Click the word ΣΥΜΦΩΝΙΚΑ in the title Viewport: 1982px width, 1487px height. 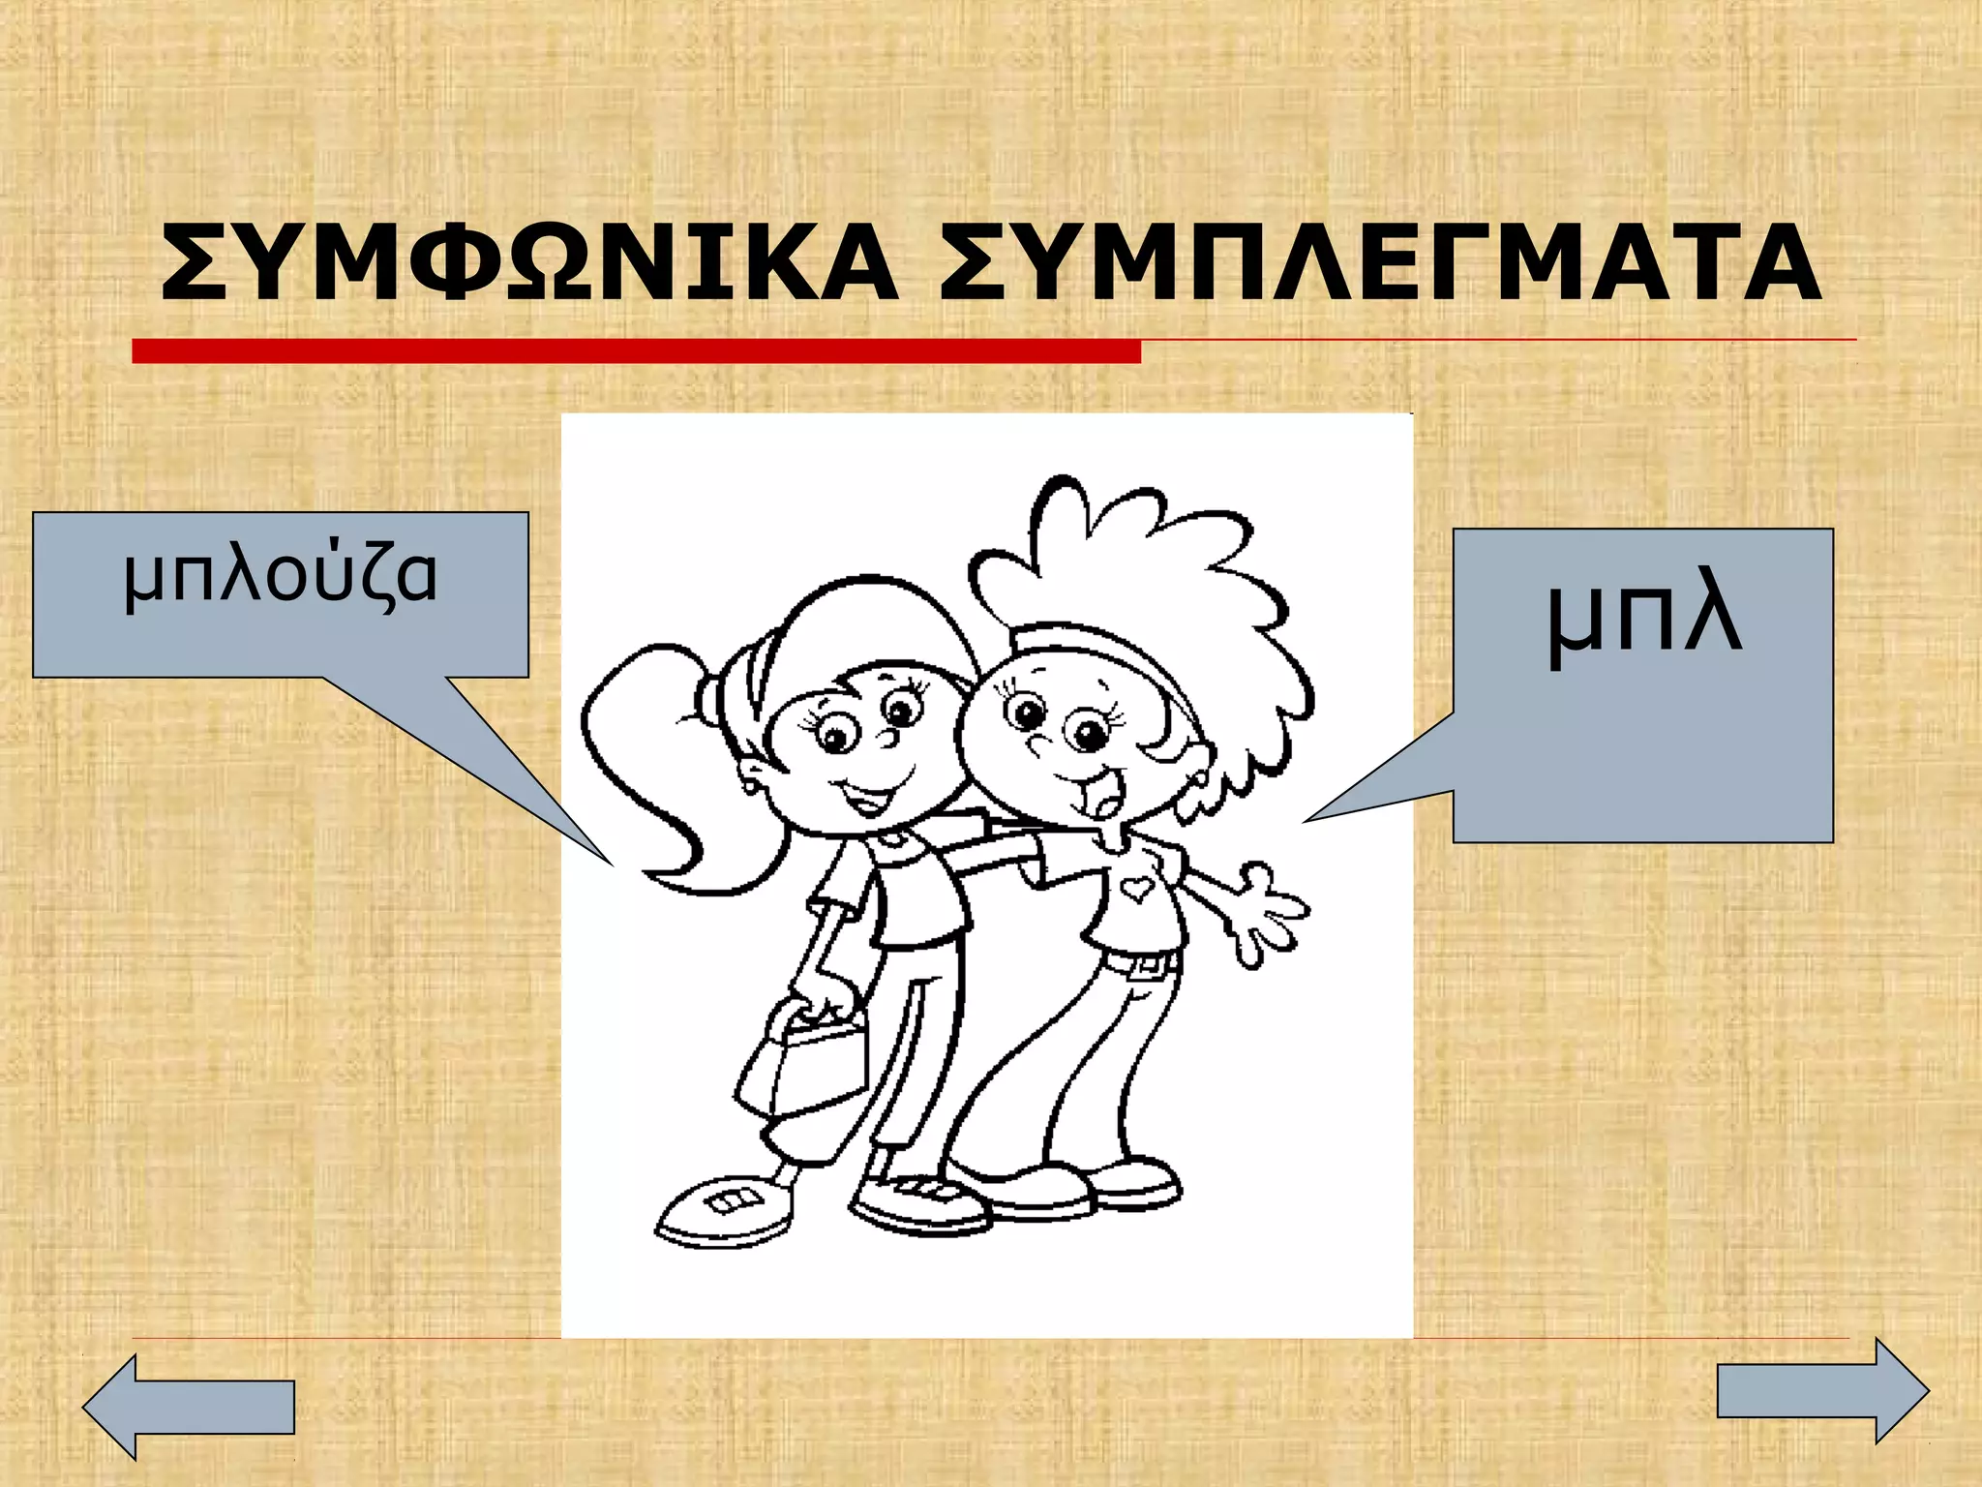528,263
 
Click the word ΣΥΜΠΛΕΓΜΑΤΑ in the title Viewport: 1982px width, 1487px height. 1380,263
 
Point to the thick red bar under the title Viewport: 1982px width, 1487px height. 636,350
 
